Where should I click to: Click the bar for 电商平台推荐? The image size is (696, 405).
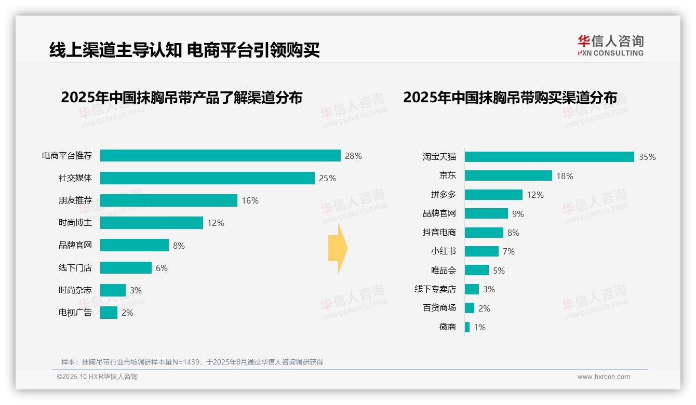coord(220,156)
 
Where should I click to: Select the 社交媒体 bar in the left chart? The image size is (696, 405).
coord(207,178)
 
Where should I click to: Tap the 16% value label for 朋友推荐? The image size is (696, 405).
coord(250,200)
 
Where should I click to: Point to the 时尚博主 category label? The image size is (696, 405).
coord(75,223)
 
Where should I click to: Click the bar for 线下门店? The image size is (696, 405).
coord(126,268)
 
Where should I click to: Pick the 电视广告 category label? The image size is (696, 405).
coord(75,313)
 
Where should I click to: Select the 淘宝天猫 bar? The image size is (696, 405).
coord(549,157)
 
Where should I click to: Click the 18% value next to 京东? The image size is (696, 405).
coord(565,176)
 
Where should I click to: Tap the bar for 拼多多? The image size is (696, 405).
coord(493,195)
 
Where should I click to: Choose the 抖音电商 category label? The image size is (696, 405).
coord(439,233)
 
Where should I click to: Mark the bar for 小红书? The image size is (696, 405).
coord(481,251)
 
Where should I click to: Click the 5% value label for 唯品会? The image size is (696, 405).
coord(499,271)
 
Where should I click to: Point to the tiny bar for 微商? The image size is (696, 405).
coord(467,327)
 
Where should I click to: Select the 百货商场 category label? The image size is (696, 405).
coord(439,308)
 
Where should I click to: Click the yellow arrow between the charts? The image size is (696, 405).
coord(338,249)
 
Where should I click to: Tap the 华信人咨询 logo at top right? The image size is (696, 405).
coord(610,46)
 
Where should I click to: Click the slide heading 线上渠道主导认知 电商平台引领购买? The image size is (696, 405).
coord(184,50)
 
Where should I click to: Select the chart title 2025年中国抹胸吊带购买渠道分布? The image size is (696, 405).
coord(510,98)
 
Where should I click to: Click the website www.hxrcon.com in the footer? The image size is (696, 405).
coord(604,377)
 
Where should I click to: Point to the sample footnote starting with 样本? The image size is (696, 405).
coord(192,362)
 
